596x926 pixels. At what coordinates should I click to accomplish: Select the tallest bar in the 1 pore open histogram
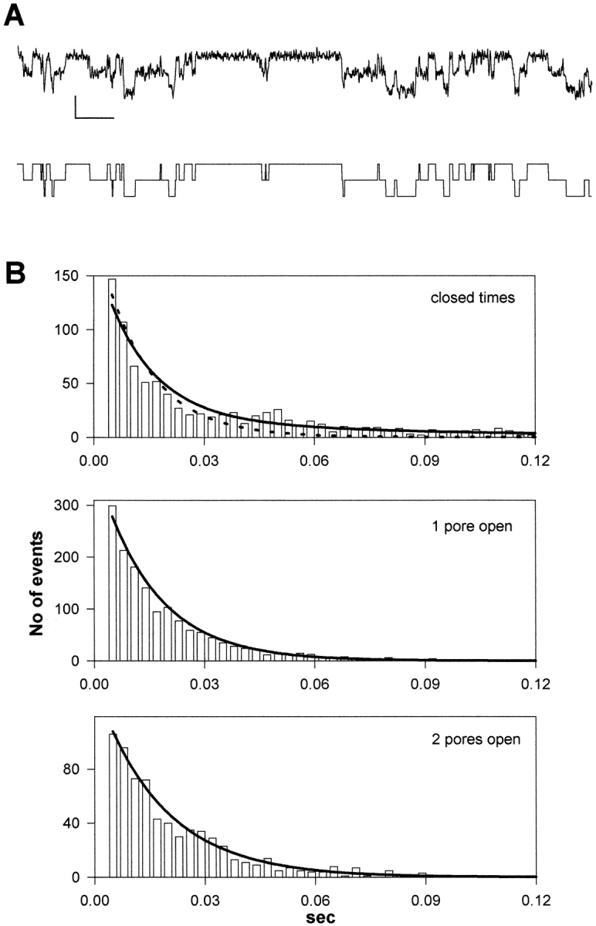pos(112,583)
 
